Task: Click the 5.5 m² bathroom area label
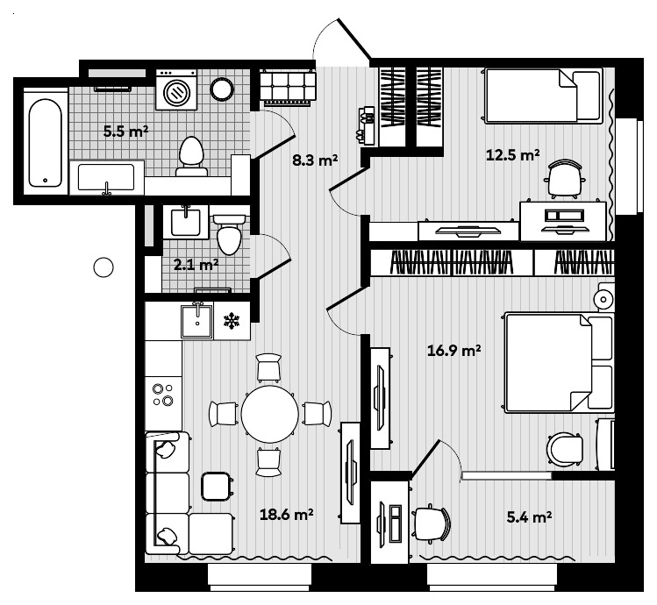click(125, 132)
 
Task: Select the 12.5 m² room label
click(512, 155)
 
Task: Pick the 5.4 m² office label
click(529, 517)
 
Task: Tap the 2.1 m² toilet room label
click(196, 263)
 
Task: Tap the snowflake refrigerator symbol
click(232, 321)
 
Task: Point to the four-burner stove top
click(162, 395)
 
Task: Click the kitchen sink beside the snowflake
click(197, 321)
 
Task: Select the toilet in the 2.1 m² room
click(230, 234)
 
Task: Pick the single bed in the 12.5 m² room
click(544, 96)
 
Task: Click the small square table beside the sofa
click(216, 485)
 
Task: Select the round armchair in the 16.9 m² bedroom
click(565, 450)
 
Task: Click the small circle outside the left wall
click(104, 267)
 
